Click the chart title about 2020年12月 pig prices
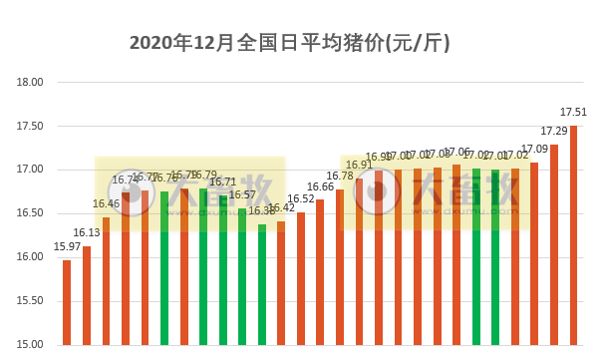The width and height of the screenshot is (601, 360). tap(290, 43)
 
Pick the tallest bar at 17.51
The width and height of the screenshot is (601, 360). tap(574, 235)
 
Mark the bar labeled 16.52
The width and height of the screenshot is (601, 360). tap(301, 278)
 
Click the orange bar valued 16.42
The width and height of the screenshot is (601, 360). tap(281, 283)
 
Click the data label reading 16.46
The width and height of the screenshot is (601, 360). tap(106, 203)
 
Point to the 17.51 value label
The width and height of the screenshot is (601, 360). tap(573, 112)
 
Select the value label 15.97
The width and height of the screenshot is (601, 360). tap(67, 246)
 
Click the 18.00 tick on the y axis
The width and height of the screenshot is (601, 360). tap(32, 83)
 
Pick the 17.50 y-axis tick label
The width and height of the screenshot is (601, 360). tap(32, 127)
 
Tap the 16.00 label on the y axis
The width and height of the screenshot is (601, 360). tap(32, 257)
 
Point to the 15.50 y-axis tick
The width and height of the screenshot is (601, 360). tap(32, 301)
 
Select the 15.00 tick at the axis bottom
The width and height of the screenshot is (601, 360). tap(32, 345)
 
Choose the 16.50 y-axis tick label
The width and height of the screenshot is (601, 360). tap(32, 213)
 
